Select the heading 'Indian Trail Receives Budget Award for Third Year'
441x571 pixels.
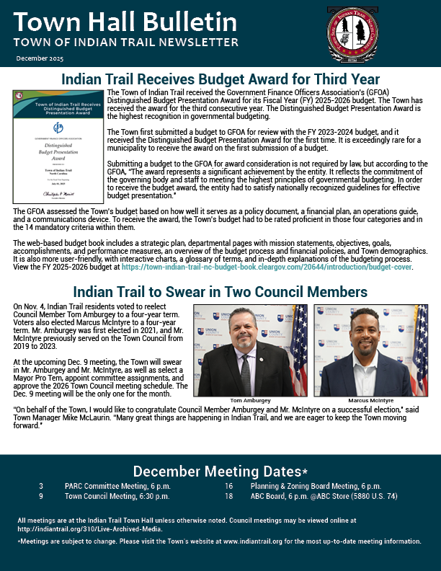220,79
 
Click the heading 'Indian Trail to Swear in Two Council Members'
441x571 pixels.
220,292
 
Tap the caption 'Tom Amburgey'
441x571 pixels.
249,399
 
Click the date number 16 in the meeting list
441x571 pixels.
228,486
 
